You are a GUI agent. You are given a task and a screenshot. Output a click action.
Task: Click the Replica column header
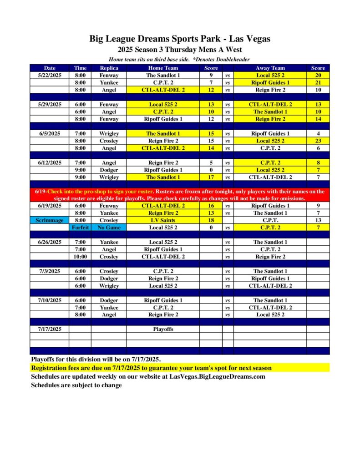point(109,68)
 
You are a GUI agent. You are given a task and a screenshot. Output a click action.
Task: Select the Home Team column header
point(163,68)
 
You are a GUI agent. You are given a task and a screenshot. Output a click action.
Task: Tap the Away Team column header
point(270,68)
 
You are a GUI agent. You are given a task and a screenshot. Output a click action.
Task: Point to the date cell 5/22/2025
point(50,75)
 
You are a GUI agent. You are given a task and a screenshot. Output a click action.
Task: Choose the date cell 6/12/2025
point(50,162)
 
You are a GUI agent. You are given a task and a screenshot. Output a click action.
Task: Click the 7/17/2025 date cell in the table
point(50,329)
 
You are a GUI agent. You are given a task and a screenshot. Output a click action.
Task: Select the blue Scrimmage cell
point(50,220)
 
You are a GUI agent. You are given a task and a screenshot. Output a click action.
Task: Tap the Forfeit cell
point(80,227)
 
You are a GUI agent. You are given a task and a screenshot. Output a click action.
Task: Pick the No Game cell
point(109,227)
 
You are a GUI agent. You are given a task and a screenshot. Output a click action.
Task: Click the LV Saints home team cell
point(163,220)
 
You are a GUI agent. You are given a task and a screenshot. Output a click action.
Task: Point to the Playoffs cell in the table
point(163,329)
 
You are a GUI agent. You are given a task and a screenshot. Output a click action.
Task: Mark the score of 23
point(318,141)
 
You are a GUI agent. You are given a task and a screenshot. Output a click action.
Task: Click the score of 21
point(318,82)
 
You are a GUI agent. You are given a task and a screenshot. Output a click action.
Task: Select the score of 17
point(211,177)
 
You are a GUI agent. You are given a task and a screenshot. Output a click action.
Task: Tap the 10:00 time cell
point(80,257)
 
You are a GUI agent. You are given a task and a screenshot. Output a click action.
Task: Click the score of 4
point(318,134)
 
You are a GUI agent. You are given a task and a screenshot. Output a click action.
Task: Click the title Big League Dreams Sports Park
point(180,39)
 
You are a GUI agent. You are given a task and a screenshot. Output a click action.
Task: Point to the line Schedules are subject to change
point(76,385)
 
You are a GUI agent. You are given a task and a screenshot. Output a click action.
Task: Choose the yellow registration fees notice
point(151,368)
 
